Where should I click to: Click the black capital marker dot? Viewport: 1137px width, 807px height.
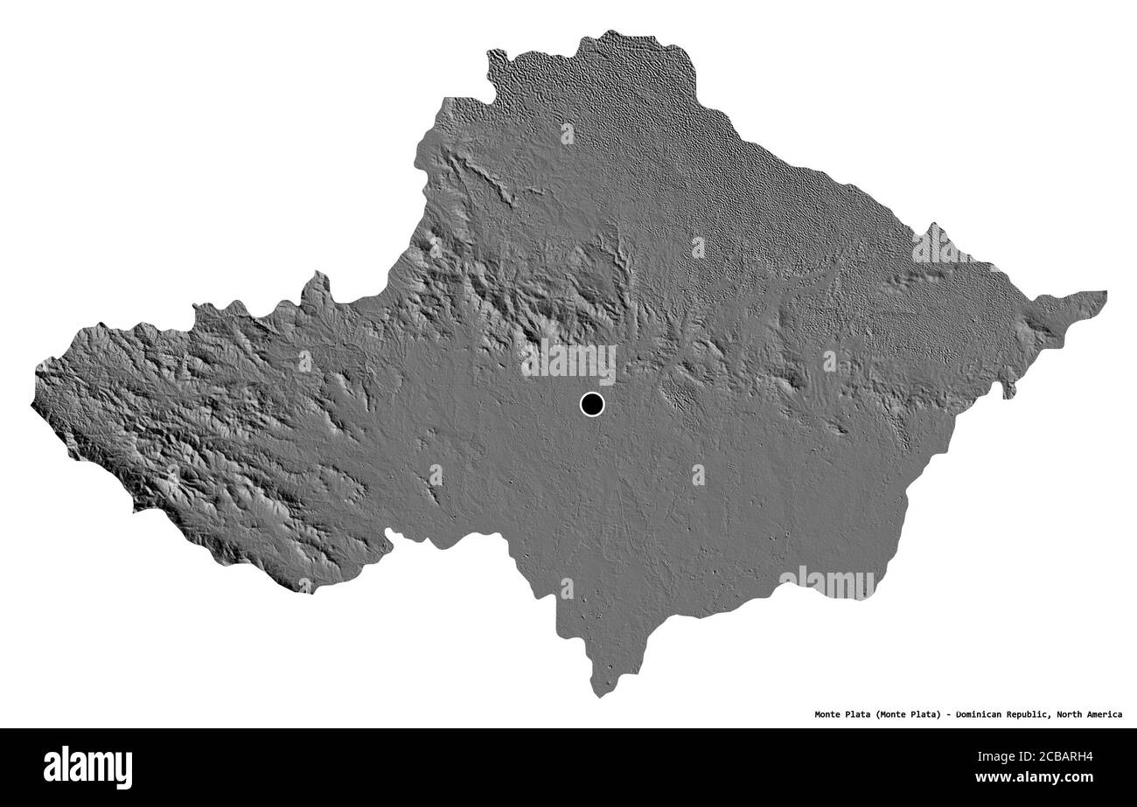pos(592,404)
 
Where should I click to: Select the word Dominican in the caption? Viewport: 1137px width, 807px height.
pos(982,714)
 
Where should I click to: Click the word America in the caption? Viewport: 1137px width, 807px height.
pos(1105,714)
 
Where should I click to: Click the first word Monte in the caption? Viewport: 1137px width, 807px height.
pos(828,714)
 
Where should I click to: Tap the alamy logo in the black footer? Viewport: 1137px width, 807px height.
pos(87,767)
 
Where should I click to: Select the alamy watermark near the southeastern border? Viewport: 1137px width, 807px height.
pos(827,583)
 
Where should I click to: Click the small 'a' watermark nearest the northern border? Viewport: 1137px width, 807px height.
pos(568,134)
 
